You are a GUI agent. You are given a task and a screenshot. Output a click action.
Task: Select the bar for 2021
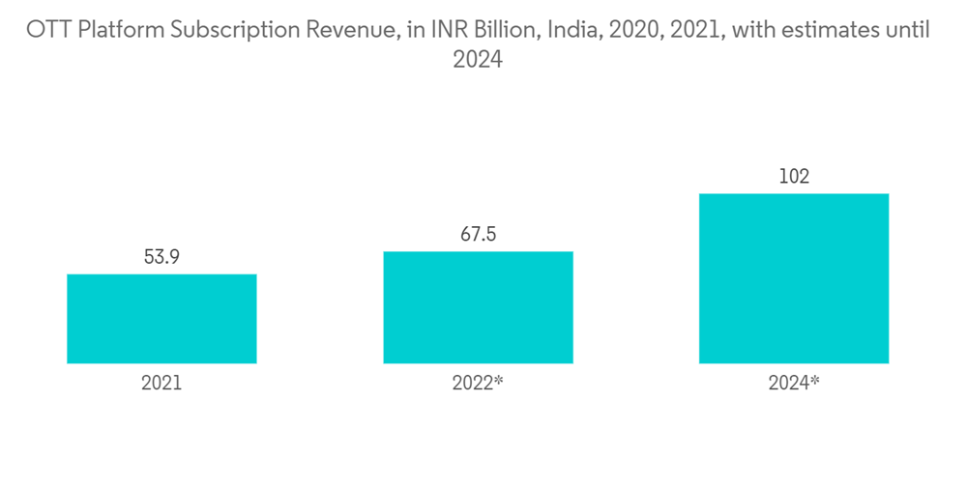[x=161, y=319]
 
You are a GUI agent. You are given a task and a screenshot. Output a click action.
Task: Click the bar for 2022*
[x=478, y=307]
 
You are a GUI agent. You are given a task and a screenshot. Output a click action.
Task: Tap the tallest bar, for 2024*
[x=794, y=278]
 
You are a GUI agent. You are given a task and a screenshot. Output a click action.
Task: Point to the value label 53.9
[x=161, y=257]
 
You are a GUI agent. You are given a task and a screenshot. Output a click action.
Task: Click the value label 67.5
[x=478, y=235]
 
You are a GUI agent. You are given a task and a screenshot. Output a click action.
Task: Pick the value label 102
[x=794, y=177]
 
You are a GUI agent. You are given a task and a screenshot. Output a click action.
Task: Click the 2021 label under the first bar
[x=161, y=383]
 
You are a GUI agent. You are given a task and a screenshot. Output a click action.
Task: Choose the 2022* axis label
[x=478, y=383]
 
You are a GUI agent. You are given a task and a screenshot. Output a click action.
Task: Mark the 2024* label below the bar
[x=794, y=383]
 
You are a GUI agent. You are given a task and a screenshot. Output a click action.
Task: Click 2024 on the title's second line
[x=478, y=60]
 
